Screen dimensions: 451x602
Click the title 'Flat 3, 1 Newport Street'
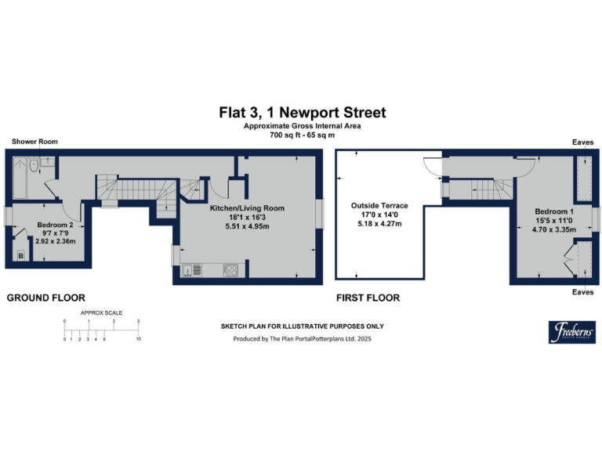(302, 113)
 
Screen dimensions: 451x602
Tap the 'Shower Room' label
(34, 142)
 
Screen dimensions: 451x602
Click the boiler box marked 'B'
(20, 255)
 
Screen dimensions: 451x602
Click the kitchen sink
(188, 272)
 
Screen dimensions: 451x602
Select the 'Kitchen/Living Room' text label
(246, 208)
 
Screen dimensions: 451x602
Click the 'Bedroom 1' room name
(554, 211)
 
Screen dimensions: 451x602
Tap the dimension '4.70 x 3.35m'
(554, 230)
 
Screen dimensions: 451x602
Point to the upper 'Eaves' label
(582, 142)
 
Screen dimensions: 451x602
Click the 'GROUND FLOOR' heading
(45, 298)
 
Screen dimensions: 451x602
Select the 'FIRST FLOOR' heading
(367, 298)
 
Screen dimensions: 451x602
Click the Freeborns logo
(571, 331)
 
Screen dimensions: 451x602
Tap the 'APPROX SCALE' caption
(101, 312)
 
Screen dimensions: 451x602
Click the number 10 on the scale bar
(139, 339)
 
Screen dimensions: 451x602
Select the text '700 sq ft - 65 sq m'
(302, 135)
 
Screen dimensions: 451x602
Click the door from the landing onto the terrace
(432, 167)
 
